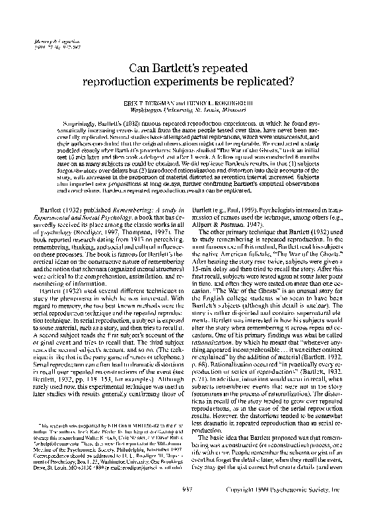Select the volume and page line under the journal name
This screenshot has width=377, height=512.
(48, 48)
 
